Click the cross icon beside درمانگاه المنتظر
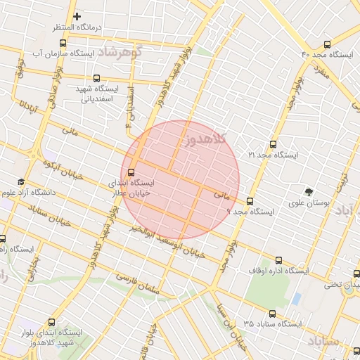coord(77,15)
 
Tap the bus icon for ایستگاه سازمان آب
coord(63,43)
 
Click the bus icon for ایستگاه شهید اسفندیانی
coord(96,79)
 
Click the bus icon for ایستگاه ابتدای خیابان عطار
coord(131,172)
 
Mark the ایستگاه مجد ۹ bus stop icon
coord(249,200)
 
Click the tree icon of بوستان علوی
coord(308,192)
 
